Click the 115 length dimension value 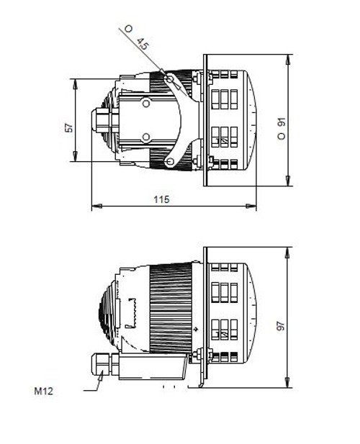point(161,199)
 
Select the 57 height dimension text point(69,127)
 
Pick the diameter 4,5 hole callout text point(137,38)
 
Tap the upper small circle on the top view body point(146,104)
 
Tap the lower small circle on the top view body point(146,136)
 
